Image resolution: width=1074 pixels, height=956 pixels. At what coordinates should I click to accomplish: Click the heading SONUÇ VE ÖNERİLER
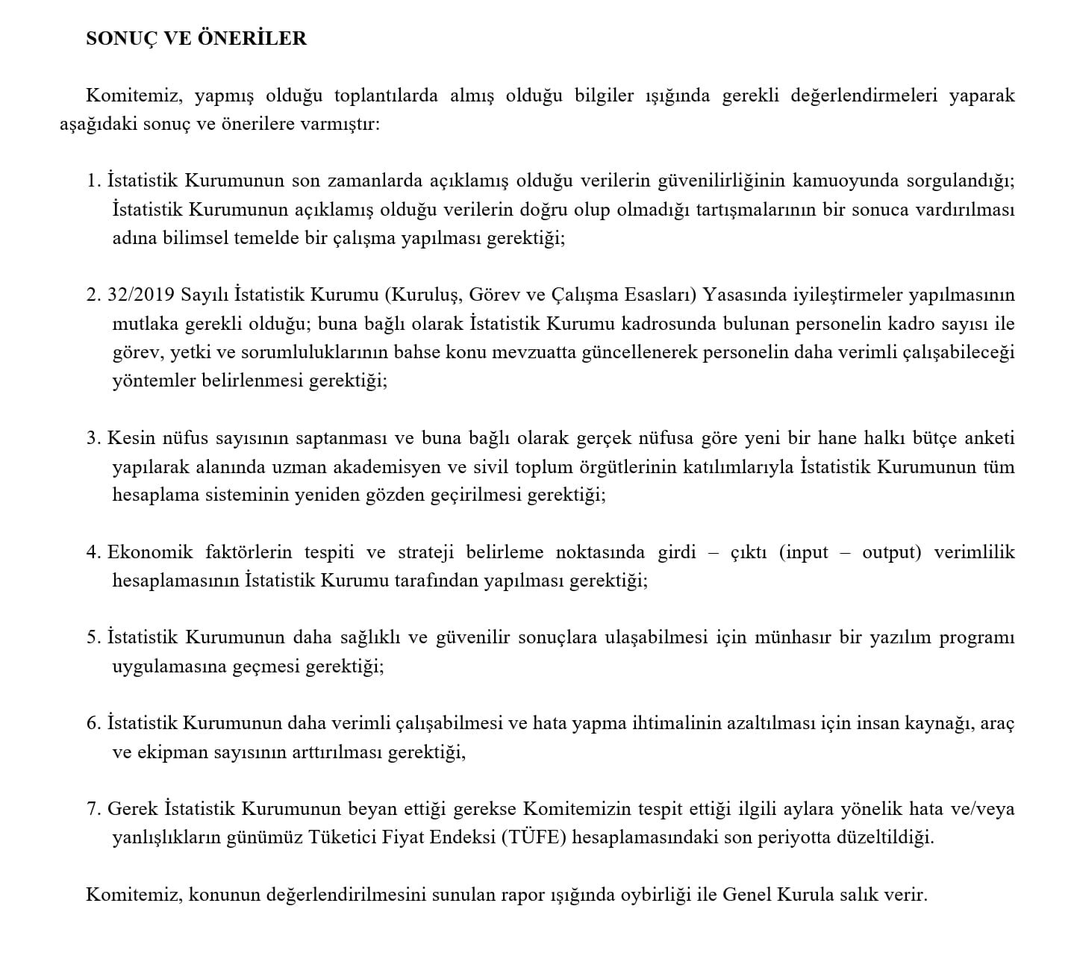(x=196, y=39)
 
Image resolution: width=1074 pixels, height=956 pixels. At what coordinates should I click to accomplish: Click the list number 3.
(x=93, y=438)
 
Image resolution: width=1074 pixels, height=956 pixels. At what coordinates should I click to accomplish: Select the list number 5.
(x=93, y=637)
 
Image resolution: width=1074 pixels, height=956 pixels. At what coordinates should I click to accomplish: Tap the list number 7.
(x=93, y=809)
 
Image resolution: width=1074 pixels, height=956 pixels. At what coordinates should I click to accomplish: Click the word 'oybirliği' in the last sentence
(x=655, y=894)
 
